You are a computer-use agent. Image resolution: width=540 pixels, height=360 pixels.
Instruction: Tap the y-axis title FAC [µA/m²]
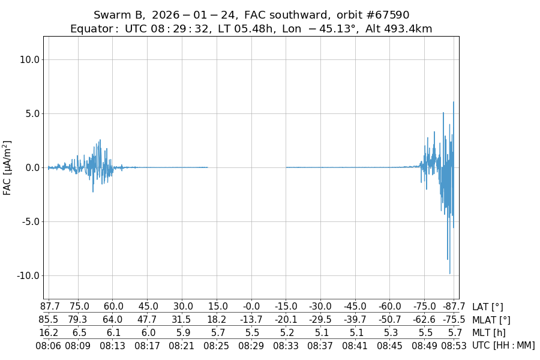(x=8, y=167)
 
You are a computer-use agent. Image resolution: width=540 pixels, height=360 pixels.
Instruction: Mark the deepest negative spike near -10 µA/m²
(x=449, y=274)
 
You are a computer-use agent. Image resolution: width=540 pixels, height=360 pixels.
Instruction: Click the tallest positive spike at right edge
(x=454, y=103)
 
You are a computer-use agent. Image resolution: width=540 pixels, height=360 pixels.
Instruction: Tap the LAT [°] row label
(x=488, y=307)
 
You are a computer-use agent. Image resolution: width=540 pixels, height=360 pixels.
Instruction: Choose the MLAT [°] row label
(x=491, y=320)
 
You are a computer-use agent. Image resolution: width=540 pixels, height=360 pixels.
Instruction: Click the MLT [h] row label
(x=488, y=332)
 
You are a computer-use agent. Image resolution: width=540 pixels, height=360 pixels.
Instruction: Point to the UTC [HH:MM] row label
(x=503, y=345)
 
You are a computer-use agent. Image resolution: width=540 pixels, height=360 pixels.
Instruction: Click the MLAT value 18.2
(x=217, y=320)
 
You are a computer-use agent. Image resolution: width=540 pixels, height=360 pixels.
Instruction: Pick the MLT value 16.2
(x=49, y=332)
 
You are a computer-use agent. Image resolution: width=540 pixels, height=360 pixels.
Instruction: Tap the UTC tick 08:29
(x=251, y=345)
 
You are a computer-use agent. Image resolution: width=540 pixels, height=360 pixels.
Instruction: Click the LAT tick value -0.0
(x=251, y=307)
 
